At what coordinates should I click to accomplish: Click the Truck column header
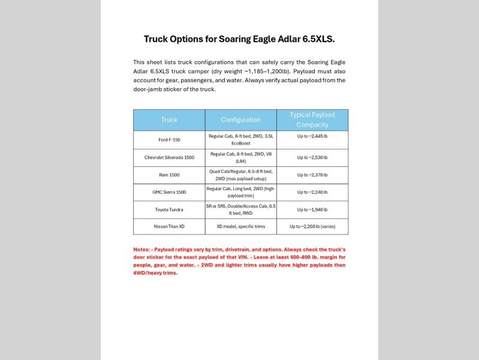point(169,120)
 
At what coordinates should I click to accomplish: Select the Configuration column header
point(240,120)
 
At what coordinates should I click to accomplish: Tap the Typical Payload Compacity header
point(312,120)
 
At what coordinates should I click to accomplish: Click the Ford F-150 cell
point(169,140)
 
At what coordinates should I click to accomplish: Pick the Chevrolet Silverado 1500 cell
point(169,157)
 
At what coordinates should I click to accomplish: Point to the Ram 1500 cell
point(169,175)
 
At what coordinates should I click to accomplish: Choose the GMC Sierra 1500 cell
point(169,192)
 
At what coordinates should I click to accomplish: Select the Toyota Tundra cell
point(169,209)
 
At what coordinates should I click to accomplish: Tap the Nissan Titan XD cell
point(169,227)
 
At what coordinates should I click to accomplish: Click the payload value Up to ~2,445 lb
point(312,136)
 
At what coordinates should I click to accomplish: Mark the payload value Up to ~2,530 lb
point(312,157)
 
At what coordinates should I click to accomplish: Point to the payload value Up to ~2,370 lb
point(312,175)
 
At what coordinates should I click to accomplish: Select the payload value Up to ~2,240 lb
point(312,192)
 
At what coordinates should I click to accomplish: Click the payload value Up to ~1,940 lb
point(312,209)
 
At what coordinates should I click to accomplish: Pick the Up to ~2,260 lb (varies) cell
point(312,227)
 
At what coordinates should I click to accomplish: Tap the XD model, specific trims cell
point(240,227)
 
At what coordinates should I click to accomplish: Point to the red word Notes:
point(143,249)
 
